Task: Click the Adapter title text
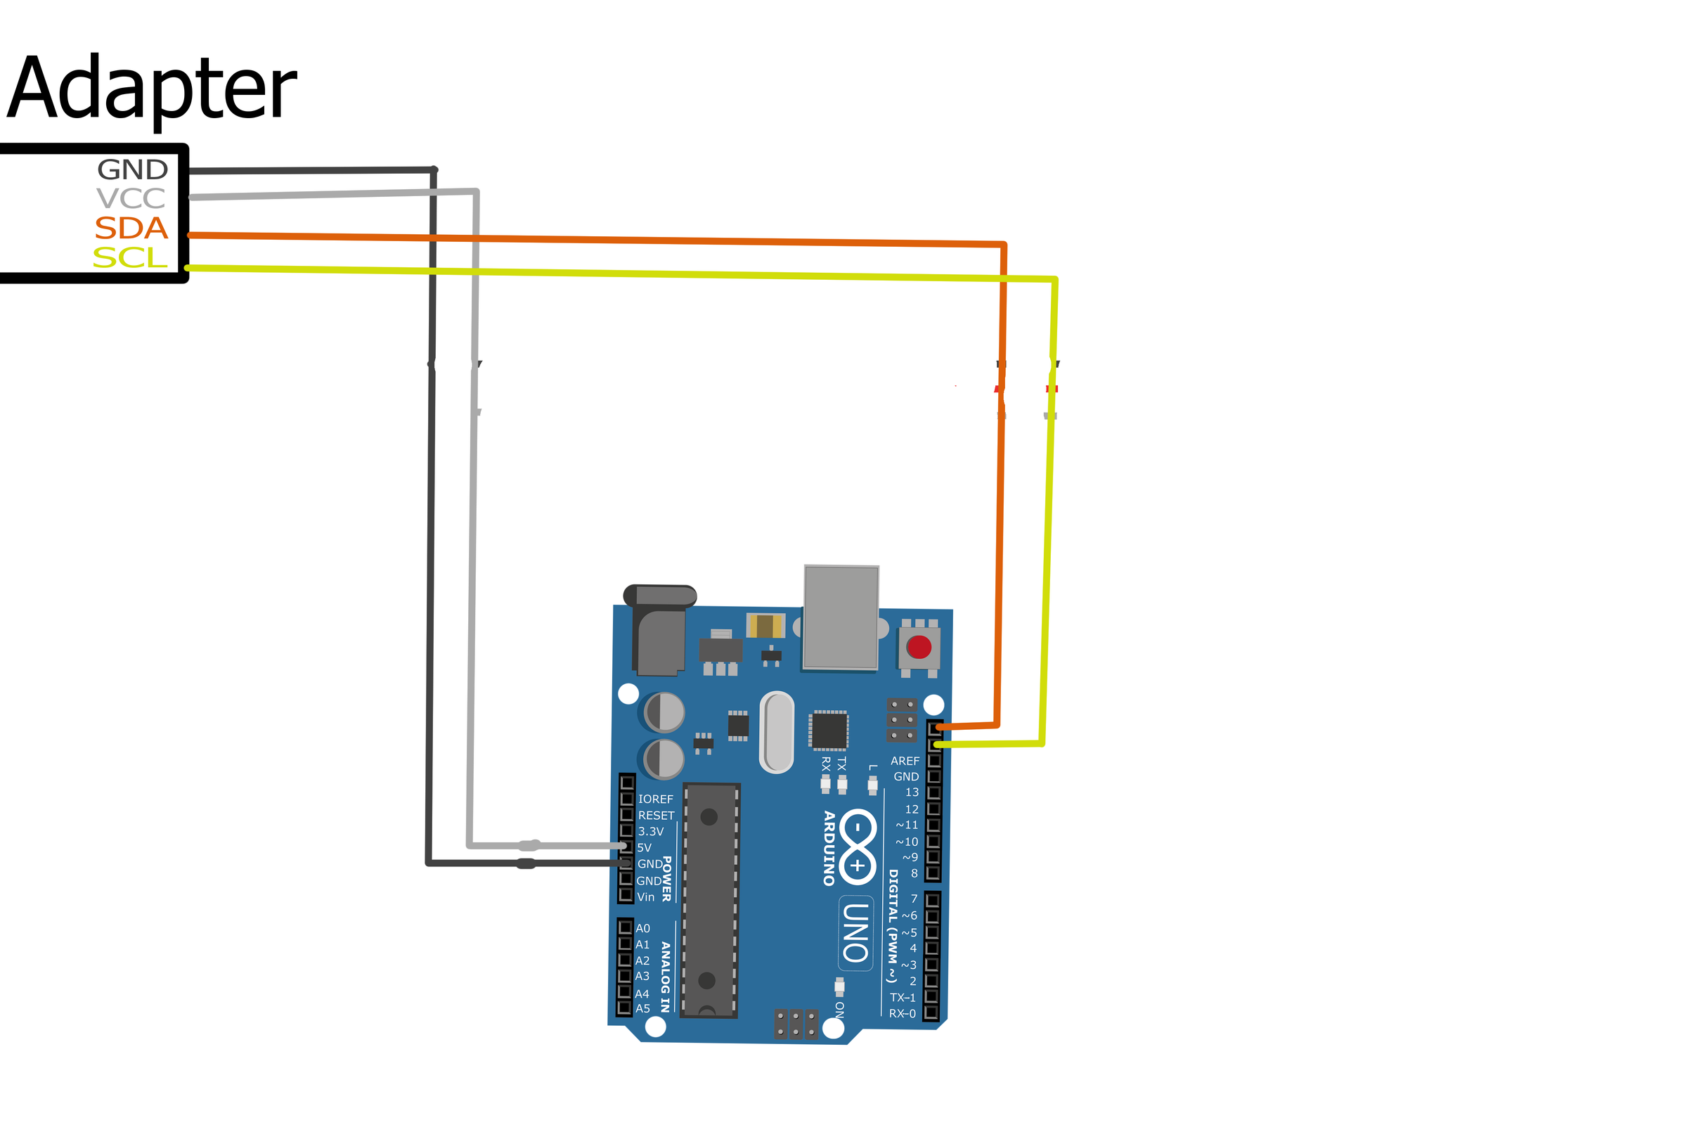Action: click(151, 90)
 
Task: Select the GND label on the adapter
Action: click(133, 170)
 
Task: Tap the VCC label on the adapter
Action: click(131, 199)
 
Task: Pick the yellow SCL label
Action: click(130, 258)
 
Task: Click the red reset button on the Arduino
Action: click(919, 647)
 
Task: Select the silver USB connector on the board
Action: click(841, 617)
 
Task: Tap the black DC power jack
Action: click(659, 631)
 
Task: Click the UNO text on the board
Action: click(855, 933)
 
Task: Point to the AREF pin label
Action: click(905, 761)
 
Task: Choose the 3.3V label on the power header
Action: click(651, 832)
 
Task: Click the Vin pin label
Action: click(645, 897)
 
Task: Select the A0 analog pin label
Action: click(642, 928)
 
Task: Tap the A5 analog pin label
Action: click(642, 1009)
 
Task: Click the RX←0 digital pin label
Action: click(903, 1014)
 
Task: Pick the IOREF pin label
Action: click(656, 799)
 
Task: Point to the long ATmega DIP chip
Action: click(709, 900)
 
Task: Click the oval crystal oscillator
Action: click(776, 733)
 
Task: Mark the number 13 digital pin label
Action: click(912, 792)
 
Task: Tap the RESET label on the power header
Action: click(657, 816)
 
